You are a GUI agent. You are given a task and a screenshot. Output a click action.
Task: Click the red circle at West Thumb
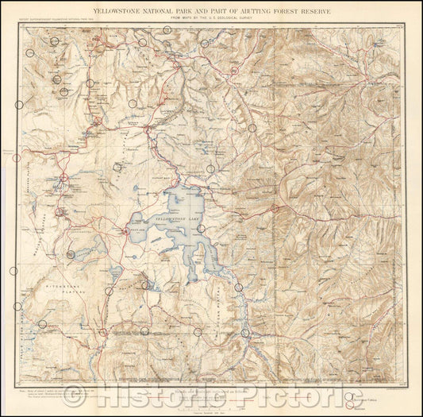125,231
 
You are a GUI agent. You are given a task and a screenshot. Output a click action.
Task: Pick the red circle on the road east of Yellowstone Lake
275,209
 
